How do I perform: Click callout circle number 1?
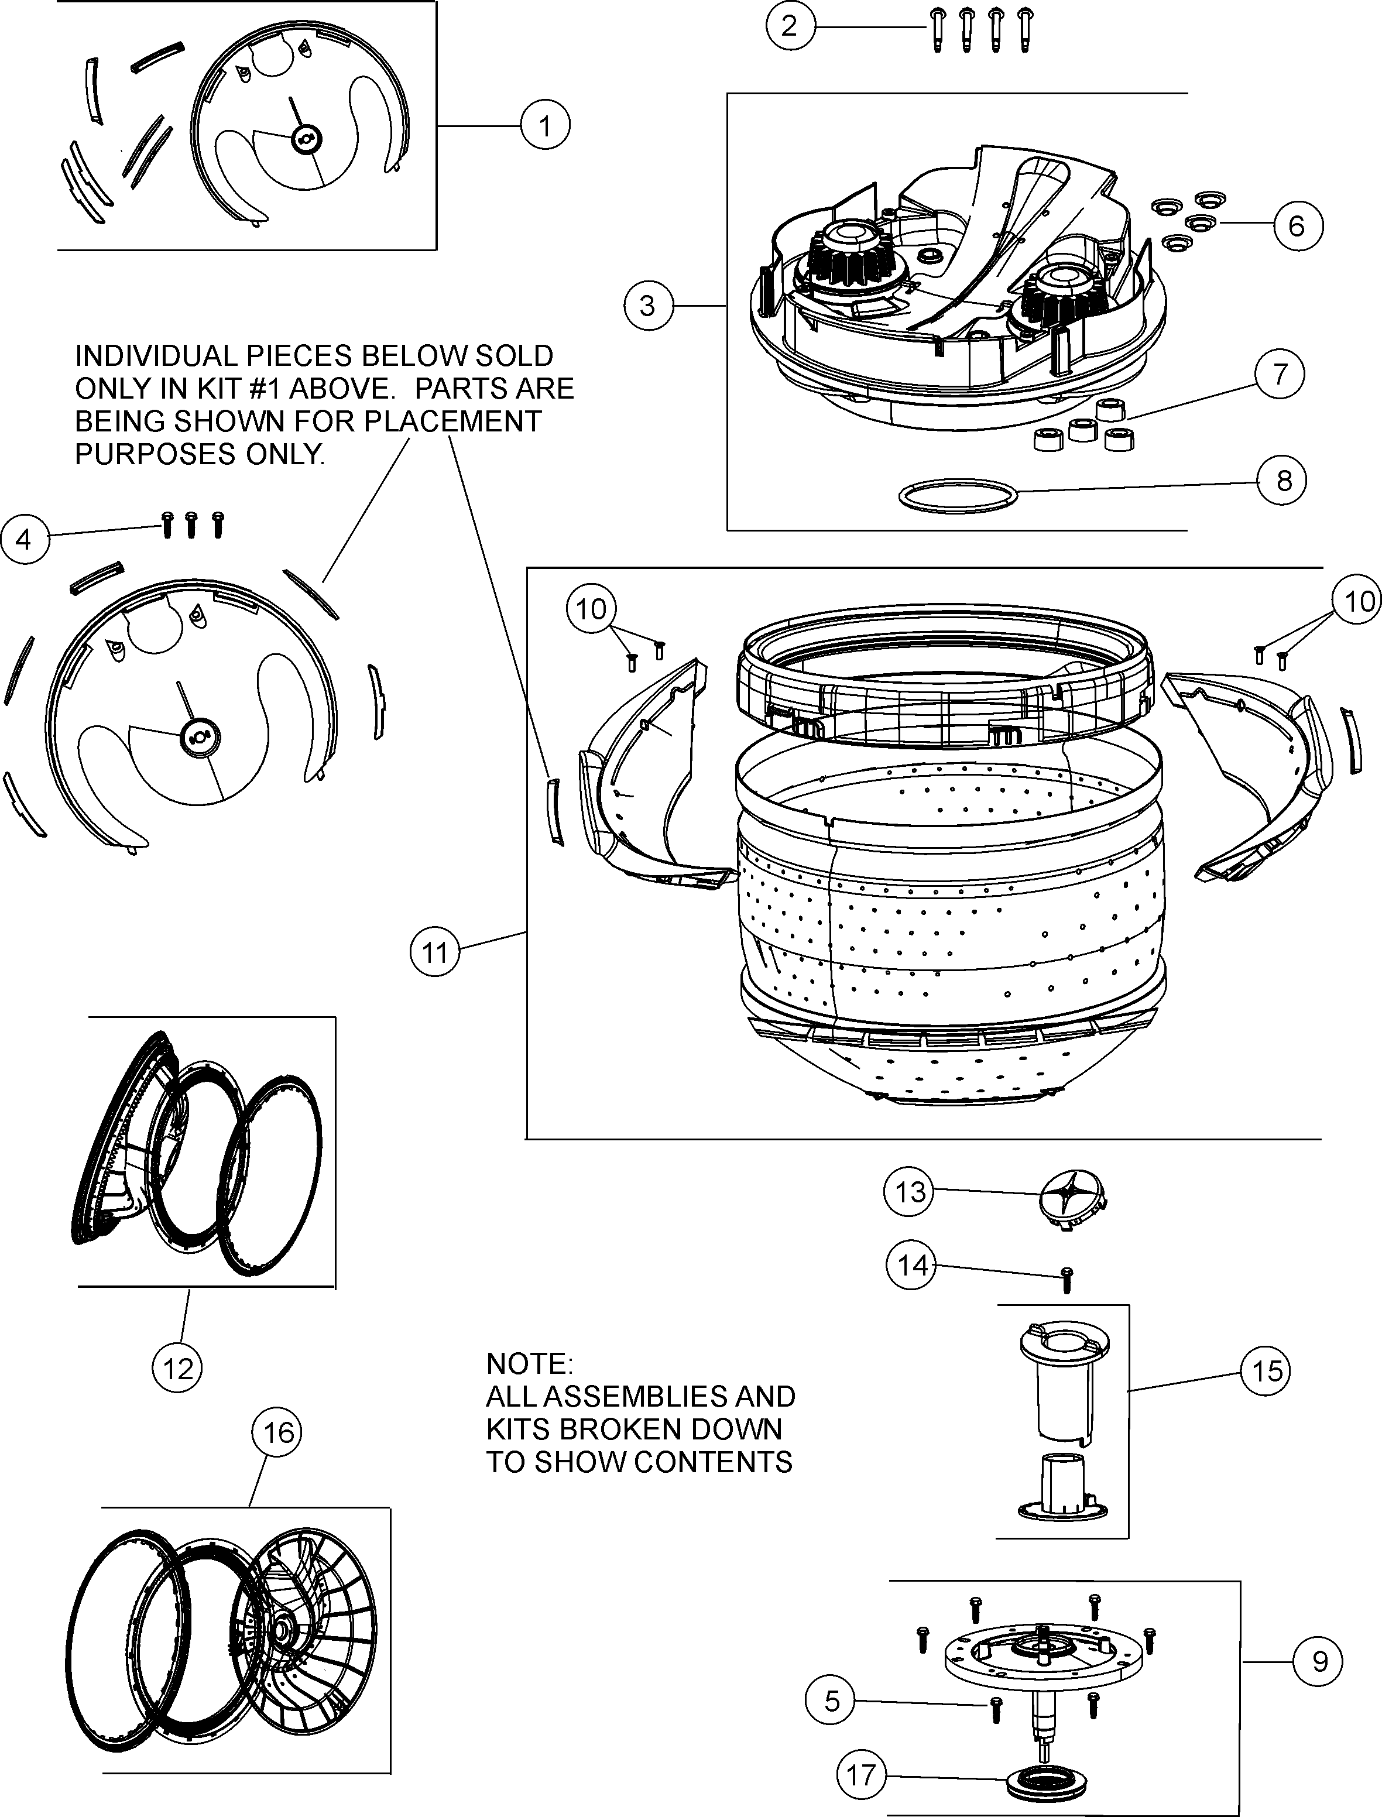point(544,126)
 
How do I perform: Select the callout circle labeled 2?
point(790,26)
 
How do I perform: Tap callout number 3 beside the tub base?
point(648,306)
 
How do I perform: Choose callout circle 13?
point(909,1191)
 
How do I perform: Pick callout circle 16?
point(278,1432)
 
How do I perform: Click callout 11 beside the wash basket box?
point(434,952)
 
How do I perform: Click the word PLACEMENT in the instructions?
point(452,420)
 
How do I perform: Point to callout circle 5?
point(832,1700)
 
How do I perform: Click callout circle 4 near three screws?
point(24,540)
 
